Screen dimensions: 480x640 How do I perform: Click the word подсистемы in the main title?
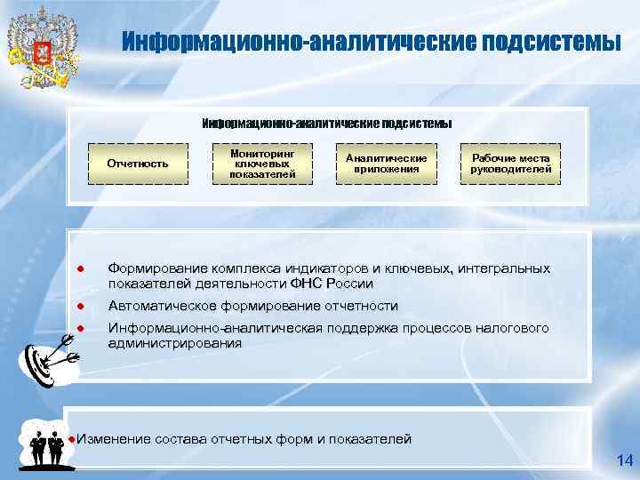click(x=551, y=42)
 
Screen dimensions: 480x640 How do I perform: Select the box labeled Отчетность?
click(x=138, y=164)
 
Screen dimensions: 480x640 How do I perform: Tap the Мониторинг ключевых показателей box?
click(x=262, y=164)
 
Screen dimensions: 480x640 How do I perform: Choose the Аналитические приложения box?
click(x=387, y=164)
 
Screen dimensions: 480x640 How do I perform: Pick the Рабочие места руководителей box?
click(x=511, y=164)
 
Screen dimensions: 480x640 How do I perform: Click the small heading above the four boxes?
click(x=326, y=123)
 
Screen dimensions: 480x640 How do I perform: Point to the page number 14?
click(x=623, y=460)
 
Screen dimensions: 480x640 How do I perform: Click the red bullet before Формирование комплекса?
click(x=79, y=268)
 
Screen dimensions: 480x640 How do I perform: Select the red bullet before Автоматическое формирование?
click(x=79, y=307)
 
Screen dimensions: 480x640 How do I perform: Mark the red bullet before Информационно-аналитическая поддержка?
click(x=79, y=329)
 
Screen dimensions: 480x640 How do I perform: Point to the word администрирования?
click(x=174, y=343)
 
